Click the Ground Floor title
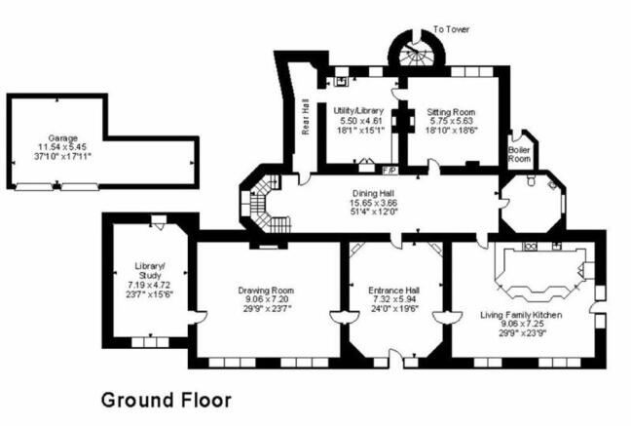click(167, 401)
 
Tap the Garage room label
click(62, 138)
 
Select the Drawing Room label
click(266, 290)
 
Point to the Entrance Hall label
click(394, 290)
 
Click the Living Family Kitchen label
click(521, 315)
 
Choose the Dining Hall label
click(373, 193)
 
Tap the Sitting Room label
click(451, 112)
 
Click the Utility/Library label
click(358, 110)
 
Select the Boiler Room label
click(519, 154)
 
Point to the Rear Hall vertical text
click(306, 116)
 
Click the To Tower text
click(451, 29)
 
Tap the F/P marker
click(390, 171)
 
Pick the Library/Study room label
click(149, 271)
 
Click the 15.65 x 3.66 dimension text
click(374, 203)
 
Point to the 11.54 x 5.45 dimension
click(62, 147)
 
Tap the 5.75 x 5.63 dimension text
click(451, 121)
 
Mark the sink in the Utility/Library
click(342, 82)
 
